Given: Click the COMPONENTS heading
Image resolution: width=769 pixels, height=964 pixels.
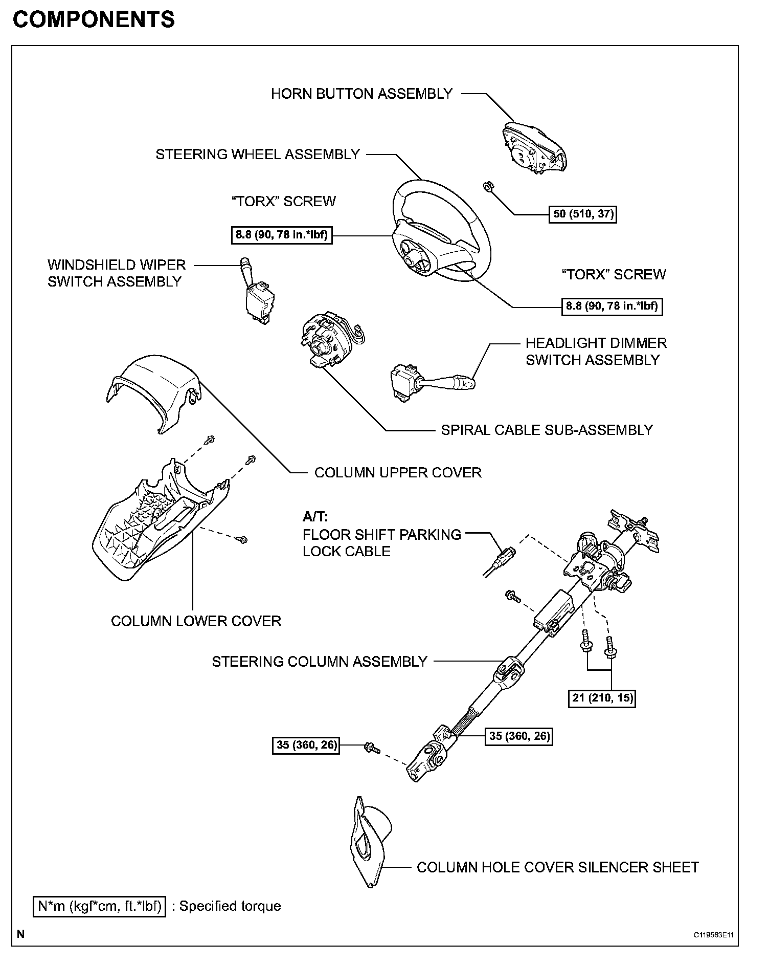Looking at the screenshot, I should (x=94, y=20).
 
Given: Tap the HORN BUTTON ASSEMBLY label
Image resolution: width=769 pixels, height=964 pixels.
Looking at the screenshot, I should (x=361, y=94).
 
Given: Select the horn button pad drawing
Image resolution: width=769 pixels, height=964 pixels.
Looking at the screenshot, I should (x=533, y=148).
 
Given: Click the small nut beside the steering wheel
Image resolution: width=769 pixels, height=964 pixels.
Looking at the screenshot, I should (x=488, y=187).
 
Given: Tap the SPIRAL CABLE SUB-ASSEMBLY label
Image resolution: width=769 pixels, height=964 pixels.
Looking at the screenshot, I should (x=547, y=430).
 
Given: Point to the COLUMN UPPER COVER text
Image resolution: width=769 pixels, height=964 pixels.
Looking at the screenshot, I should (x=398, y=472).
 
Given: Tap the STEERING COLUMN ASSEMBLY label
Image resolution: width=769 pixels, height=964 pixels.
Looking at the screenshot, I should (x=319, y=662).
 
